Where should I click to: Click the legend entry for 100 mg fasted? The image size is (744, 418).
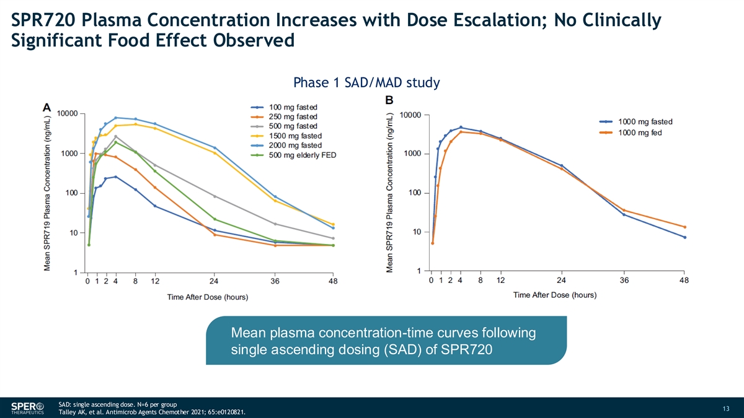[x=284, y=107]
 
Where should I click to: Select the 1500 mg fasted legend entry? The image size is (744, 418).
[x=286, y=136]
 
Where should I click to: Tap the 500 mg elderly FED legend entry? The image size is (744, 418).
[x=294, y=155]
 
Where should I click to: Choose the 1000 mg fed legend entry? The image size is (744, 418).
[x=631, y=133]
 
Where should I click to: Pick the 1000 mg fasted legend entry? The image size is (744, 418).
[x=635, y=122]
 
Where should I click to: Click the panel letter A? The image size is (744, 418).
[x=47, y=108]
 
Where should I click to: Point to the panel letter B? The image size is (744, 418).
[x=389, y=100]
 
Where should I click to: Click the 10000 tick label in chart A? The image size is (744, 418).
[x=68, y=113]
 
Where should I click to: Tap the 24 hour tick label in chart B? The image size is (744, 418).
[x=561, y=281]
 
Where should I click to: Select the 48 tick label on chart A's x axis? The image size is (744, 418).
[x=333, y=281]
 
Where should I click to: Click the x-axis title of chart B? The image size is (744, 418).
[x=555, y=295]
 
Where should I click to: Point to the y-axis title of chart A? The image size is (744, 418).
[x=47, y=193]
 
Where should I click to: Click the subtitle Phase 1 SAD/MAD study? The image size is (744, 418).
[x=366, y=82]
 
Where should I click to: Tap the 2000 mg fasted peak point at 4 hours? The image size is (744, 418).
[x=115, y=118]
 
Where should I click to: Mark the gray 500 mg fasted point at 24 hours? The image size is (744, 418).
[x=215, y=196]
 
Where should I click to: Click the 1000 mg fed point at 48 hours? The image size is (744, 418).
[x=684, y=227]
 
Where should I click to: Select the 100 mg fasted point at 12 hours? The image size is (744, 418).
[x=155, y=206]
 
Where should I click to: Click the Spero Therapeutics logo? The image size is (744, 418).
[x=27, y=407]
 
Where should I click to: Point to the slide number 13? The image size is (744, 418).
[x=726, y=408]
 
